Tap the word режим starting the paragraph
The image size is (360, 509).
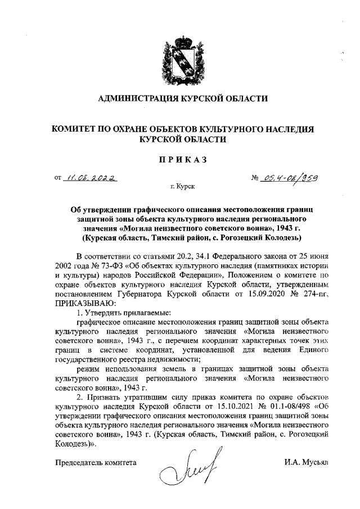tap(91, 368)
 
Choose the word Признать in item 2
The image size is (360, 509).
tap(105, 399)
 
